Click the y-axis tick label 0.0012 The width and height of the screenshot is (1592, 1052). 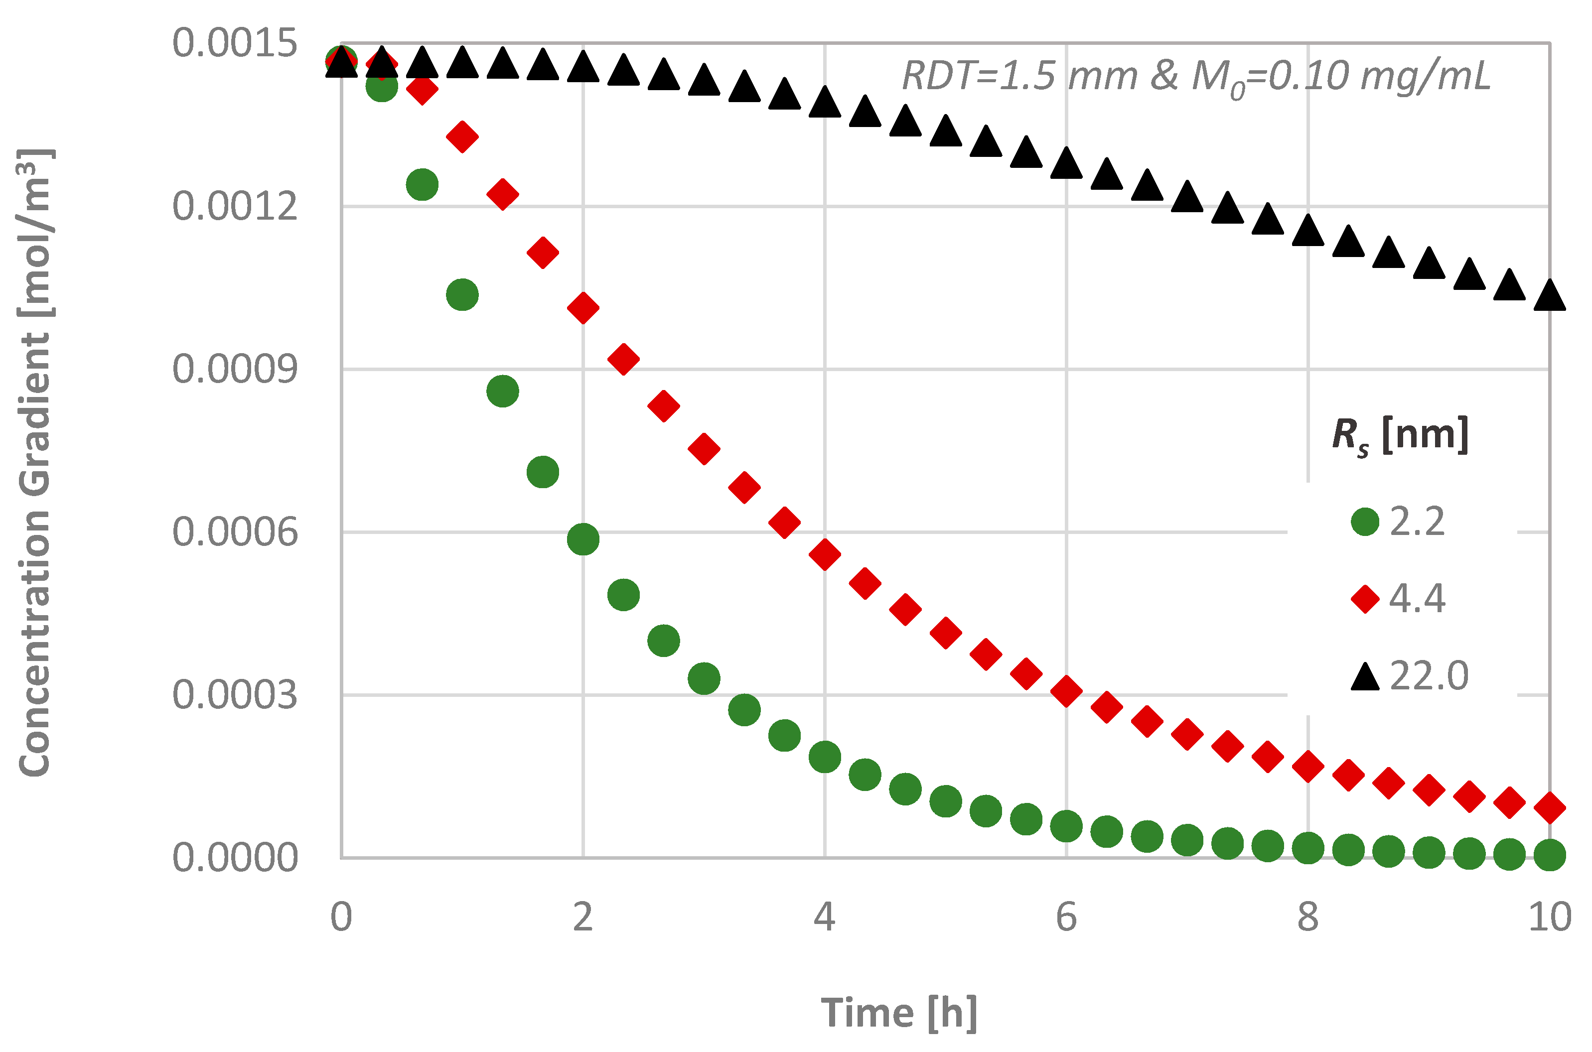(x=234, y=206)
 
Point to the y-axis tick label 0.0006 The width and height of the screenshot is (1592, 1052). (x=234, y=532)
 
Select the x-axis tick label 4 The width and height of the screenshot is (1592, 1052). (x=824, y=917)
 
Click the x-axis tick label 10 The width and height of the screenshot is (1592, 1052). (x=1549, y=917)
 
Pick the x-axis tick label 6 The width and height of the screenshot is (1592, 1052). (x=1066, y=917)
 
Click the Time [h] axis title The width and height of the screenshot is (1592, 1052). (x=899, y=1013)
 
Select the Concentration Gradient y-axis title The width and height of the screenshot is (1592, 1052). (x=35, y=463)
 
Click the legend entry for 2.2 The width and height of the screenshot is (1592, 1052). (x=1399, y=522)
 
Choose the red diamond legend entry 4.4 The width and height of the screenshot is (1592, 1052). (x=1399, y=598)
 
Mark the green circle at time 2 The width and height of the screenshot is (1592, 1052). (x=582, y=539)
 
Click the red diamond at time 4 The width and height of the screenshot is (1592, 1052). (x=825, y=554)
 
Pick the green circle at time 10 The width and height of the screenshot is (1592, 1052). (x=1550, y=855)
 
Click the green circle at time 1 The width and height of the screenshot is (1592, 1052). (x=462, y=294)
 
